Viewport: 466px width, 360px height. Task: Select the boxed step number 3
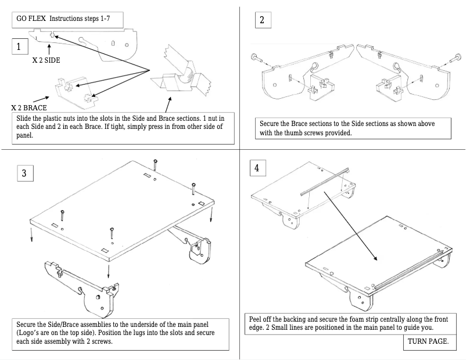click(24, 173)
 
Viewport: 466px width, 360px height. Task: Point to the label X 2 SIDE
click(46, 60)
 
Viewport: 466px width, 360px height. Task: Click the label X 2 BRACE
click(28, 108)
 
